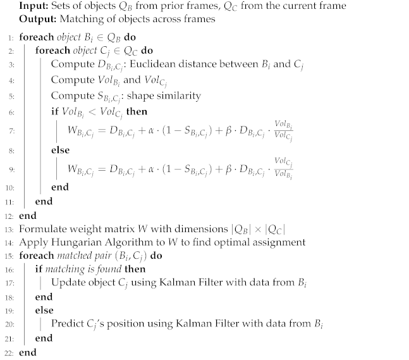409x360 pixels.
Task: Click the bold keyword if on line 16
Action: coord(39,269)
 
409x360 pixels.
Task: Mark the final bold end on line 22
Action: coord(28,352)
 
